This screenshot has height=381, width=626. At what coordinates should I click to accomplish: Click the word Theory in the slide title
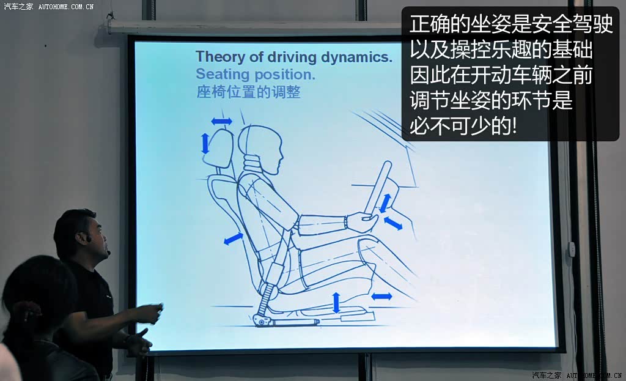click(220, 57)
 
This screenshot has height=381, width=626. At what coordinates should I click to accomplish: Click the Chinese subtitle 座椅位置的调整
click(248, 92)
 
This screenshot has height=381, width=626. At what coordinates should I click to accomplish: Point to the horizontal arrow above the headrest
click(221, 121)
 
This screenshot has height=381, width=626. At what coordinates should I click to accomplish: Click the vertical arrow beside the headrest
click(205, 143)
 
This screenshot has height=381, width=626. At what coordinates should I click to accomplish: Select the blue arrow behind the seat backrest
click(233, 239)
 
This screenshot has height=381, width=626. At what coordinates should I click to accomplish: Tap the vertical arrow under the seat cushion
click(336, 302)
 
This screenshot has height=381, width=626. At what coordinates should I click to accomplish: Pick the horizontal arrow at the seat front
click(381, 297)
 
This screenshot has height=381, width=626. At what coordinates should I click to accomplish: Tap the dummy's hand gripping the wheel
click(361, 221)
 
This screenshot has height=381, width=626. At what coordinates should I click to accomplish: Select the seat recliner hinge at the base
click(260, 320)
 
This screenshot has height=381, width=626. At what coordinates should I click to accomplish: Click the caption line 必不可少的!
click(463, 126)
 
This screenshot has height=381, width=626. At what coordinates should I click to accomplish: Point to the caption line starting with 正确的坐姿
click(510, 24)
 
